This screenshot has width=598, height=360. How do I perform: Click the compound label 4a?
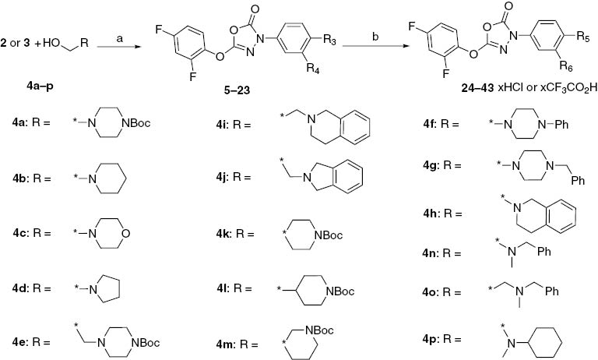pos(19,123)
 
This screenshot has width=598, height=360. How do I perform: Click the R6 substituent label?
pos(567,66)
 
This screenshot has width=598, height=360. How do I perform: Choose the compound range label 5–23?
pos(237,90)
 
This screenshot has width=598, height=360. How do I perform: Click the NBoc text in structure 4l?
pos(339,292)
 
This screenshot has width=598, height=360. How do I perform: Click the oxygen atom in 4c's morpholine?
pos(126,233)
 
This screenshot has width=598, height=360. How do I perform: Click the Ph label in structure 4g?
pos(578,181)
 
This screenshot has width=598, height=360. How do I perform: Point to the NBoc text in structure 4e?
pos(145,343)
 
